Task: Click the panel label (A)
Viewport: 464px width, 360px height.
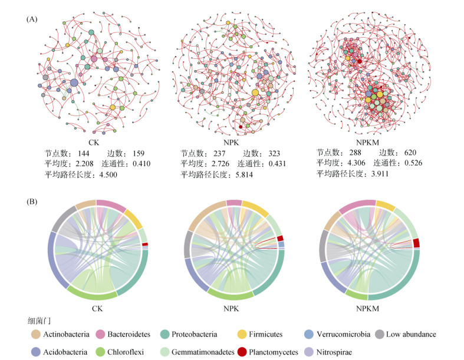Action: point(32,19)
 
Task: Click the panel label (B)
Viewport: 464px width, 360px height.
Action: point(32,202)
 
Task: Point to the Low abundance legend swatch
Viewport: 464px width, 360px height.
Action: point(380,334)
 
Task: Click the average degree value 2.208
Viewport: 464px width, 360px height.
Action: point(83,163)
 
